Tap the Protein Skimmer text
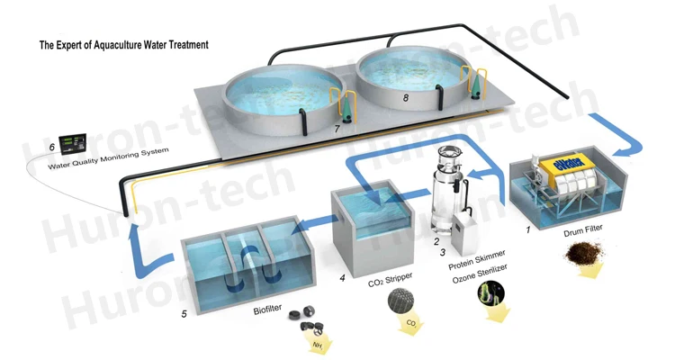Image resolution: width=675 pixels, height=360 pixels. tap(477, 267)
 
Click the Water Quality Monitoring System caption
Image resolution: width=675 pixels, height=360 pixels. tap(108, 166)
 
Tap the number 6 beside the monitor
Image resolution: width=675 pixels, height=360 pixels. tap(51, 146)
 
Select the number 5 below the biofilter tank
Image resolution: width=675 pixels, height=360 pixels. tap(184, 313)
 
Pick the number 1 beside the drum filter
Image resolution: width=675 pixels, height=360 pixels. tap(516, 230)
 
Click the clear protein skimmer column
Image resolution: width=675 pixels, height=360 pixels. tap(442, 193)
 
